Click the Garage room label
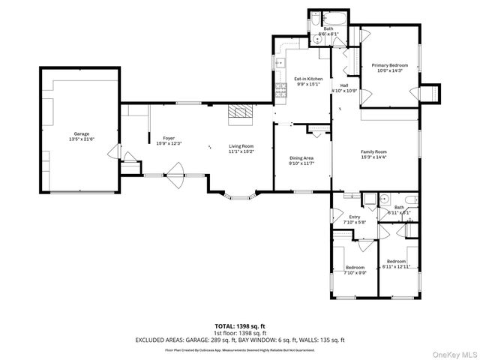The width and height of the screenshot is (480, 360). tap(81, 134)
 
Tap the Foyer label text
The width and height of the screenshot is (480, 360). tap(169, 139)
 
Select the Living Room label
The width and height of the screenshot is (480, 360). tap(241, 146)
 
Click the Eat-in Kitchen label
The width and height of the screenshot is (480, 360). tap(307, 78)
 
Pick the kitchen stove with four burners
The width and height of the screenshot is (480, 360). tap(282, 92)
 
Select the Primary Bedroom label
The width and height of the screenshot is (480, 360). tap(389, 66)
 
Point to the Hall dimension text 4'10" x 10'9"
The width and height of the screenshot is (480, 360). tap(344, 91)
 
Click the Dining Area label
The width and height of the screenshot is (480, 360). tap(301, 158)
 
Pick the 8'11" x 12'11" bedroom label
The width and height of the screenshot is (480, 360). tap(397, 265)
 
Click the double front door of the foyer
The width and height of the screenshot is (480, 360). tap(175, 179)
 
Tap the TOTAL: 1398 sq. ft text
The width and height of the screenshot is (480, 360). tap(240, 326)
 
